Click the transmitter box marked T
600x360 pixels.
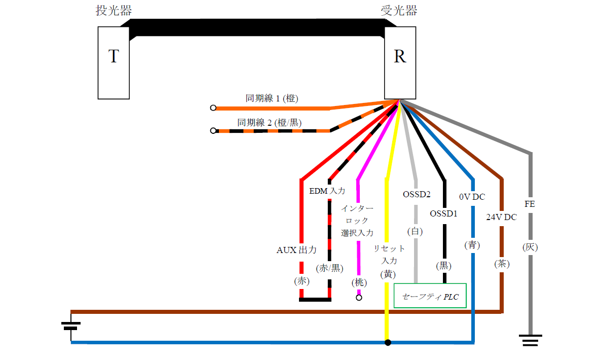pyautogui.click(x=114, y=62)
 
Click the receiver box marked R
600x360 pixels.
pyautogui.click(x=400, y=62)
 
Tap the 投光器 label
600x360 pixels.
pyautogui.click(x=111, y=11)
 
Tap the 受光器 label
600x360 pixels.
pyautogui.click(x=399, y=11)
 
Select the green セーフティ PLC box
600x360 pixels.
pyautogui.click(x=430, y=296)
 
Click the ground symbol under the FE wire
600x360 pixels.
pyautogui.click(x=530, y=339)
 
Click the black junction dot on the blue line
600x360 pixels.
pyautogui.click(x=388, y=343)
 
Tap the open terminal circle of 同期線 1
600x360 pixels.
pyautogui.click(x=213, y=108)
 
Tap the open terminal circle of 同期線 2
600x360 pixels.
pyautogui.click(x=213, y=131)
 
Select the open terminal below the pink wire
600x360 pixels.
pyautogui.click(x=359, y=298)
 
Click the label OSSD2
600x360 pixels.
pyautogui.click(x=417, y=194)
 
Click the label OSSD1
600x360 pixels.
pyautogui.click(x=443, y=213)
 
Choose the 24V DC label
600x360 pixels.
pyautogui.click(x=501, y=217)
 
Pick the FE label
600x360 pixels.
pyautogui.click(x=530, y=204)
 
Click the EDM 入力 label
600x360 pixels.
pyautogui.click(x=327, y=191)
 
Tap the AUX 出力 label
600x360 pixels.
pyautogui.click(x=296, y=250)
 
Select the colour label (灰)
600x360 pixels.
pyautogui.click(x=530, y=247)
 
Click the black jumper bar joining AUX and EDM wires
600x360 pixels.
pyautogui.click(x=315, y=299)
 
